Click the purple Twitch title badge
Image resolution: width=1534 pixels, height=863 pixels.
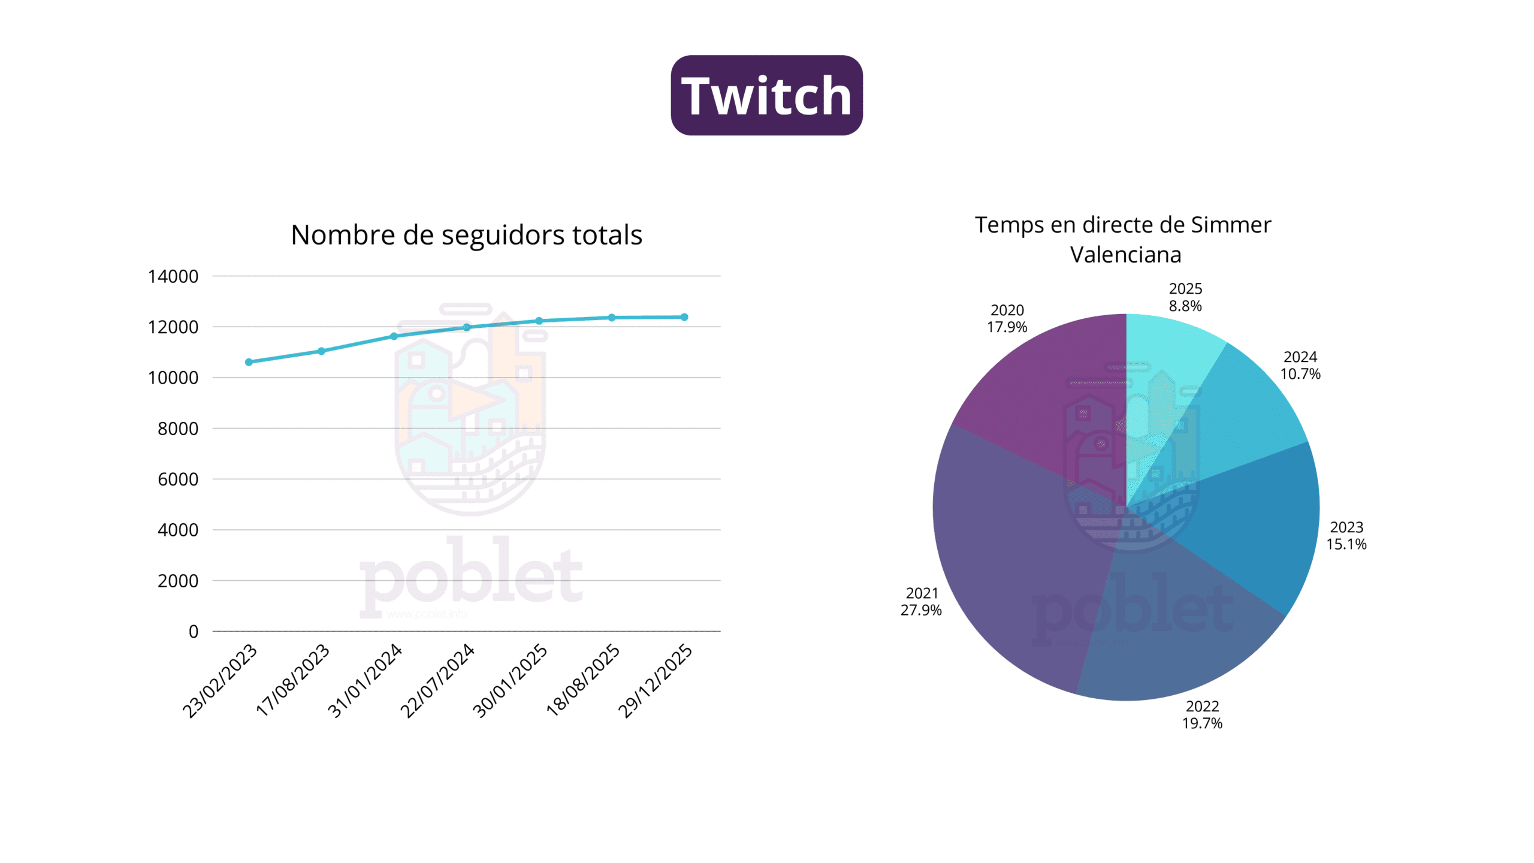tap(766, 95)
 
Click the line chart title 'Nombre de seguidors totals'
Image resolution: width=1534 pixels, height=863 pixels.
tap(466, 234)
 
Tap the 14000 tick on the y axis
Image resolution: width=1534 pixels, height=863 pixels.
tap(173, 276)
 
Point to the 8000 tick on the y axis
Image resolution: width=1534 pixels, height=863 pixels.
tap(177, 429)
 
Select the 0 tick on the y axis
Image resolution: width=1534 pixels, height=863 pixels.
tap(193, 631)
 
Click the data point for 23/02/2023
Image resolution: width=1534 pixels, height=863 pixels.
tap(249, 362)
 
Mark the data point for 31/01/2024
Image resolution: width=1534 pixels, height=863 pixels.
tap(394, 336)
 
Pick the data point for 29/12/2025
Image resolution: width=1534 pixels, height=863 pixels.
tap(684, 317)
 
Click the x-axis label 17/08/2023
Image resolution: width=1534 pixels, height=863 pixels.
tap(293, 680)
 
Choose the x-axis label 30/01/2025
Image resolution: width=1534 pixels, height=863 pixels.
tap(511, 680)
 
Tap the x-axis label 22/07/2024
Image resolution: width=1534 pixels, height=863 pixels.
tap(437, 680)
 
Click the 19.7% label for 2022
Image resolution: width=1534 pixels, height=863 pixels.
tap(1202, 723)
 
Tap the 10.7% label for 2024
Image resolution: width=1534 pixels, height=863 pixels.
tap(1300, 374)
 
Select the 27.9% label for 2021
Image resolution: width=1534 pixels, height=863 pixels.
tap(921, 610)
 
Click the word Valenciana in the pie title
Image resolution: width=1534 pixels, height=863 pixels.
tap(1125, 255)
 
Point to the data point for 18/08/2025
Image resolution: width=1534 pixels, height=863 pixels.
tap(612, 318)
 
